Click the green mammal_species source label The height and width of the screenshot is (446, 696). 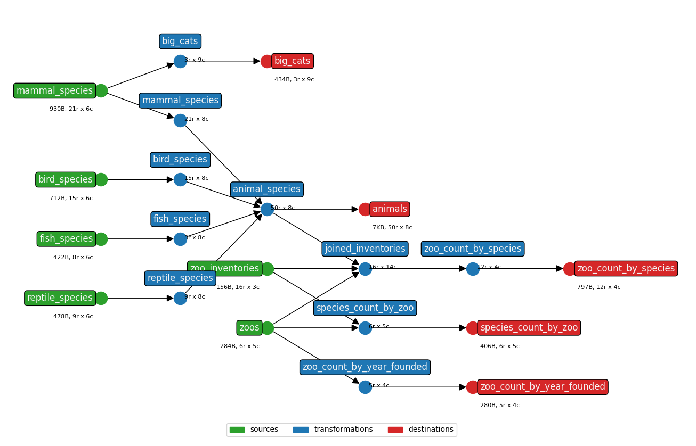(x=54, y=91)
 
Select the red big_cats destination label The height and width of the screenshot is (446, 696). (x=292, y=61)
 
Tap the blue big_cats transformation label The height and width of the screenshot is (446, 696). (x=180, y=42)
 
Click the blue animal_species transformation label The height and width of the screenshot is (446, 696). (x=266, y=189)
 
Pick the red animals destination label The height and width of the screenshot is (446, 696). (x=390, y=209)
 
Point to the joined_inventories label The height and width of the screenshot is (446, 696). (x=365, y=249)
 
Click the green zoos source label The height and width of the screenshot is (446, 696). (x=249, y=328)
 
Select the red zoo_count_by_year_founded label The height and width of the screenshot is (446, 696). (x=543, y=387)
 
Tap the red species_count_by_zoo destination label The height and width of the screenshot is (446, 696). (x=529, y=328)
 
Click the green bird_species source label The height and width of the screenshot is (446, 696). (x=66, y=180)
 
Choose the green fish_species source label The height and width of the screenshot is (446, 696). (x=66, y=239)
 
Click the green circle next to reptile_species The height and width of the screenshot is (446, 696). (x=101, y=299)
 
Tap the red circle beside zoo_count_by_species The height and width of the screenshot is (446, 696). (x=570, y=269)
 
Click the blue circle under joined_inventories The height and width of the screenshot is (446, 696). (x=365, y=269)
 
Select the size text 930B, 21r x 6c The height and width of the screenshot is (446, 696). (x=71, y=109)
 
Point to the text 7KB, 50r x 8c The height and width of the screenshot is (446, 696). (x=392, y=228)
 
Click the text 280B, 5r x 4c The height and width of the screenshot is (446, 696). (x=499, y=406)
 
